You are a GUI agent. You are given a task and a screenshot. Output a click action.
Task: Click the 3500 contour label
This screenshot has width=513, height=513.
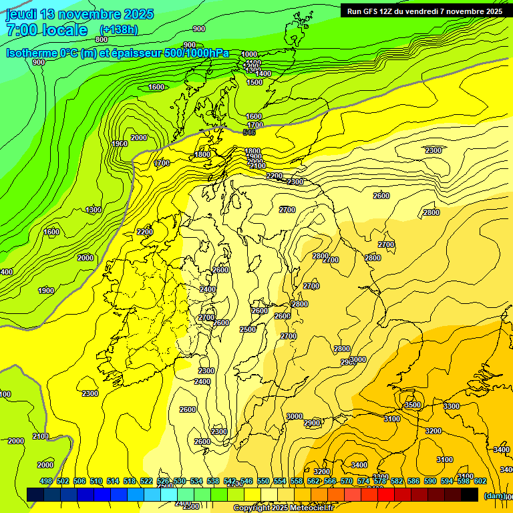click(413, 405)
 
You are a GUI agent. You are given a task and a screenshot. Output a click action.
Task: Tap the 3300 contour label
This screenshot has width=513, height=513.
click(452, 406)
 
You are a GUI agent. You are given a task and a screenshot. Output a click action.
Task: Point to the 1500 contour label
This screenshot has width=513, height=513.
click(254, 82)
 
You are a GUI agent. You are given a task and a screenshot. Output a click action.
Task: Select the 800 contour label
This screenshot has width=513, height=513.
click(101, 39)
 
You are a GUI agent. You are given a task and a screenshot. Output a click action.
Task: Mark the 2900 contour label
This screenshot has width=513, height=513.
click(312, 423)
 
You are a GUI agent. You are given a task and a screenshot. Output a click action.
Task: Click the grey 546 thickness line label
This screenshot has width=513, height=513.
click(249, 133)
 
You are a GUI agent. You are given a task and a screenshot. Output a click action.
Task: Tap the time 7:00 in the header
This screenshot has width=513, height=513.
click(22, 30)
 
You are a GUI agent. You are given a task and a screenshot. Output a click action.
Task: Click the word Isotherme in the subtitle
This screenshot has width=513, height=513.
click(33, 53)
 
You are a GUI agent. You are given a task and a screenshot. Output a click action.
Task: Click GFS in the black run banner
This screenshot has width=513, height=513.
click(371, 11)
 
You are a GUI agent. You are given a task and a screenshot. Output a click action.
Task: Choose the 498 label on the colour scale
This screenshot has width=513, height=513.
click(45, 481)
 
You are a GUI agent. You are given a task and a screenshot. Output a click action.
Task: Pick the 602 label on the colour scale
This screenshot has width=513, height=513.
click(480, 481)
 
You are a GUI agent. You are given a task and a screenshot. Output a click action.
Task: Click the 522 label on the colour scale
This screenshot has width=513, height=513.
click(146, 481)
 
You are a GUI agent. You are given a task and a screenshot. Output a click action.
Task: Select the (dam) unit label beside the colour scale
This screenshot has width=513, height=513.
click(495, 495)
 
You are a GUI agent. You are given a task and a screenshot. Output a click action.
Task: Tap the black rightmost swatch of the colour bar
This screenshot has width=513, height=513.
click(470, 494)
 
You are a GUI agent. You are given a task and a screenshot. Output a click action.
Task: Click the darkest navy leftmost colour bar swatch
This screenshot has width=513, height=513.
click(35, 494)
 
